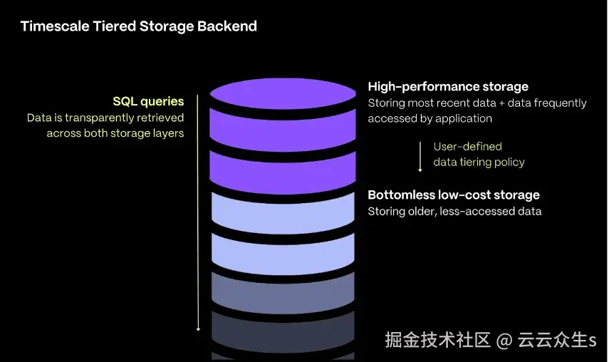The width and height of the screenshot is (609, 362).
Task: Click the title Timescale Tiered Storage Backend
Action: click(138, 26)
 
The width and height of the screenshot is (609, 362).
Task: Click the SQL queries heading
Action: click(148, 101)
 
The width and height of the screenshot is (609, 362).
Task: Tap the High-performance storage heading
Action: click(448, 87)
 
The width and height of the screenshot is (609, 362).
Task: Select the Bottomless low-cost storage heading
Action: click(454, 195)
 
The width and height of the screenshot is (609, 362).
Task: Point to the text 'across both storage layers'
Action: click(115, 133)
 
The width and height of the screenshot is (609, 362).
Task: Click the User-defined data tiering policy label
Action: click(479, 154)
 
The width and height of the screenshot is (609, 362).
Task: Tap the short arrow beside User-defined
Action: click(421, 156)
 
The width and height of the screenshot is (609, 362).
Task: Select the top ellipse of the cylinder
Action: click(283, 93)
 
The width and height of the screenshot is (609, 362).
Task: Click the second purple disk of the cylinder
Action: click(283, 168)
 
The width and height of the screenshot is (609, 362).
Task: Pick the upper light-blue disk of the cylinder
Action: click(283, 211)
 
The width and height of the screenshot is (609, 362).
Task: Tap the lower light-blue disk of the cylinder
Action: click(283, 253)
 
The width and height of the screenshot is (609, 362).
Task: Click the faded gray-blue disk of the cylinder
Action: click(283, 294)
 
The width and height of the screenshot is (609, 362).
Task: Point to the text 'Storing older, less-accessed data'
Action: click(454, 211)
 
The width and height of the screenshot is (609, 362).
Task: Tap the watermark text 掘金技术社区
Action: click(438, 340)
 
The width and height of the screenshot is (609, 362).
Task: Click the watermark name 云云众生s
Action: click(557, 340)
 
